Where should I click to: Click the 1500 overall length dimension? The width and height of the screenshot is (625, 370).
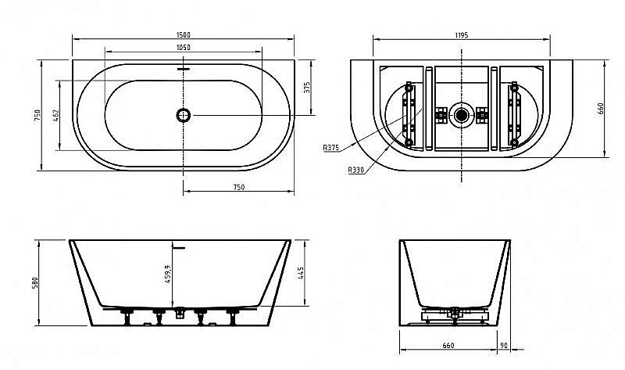click(184, 34)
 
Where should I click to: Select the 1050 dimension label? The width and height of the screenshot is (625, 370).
click(184, 48)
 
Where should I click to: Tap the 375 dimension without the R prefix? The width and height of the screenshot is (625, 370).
click(307, 88)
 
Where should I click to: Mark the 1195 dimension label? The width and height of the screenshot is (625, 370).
click(462, 34)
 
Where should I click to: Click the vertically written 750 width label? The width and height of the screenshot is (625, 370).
click(36, 115)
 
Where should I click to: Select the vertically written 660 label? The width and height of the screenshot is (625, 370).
click(602, 110)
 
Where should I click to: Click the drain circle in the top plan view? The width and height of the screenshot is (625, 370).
click(184, 115)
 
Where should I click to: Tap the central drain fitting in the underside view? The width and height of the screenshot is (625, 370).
click(462, 115)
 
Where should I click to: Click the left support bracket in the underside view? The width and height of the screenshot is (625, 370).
click(408, 115)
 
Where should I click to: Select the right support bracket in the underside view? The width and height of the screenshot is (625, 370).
click(515, 115)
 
